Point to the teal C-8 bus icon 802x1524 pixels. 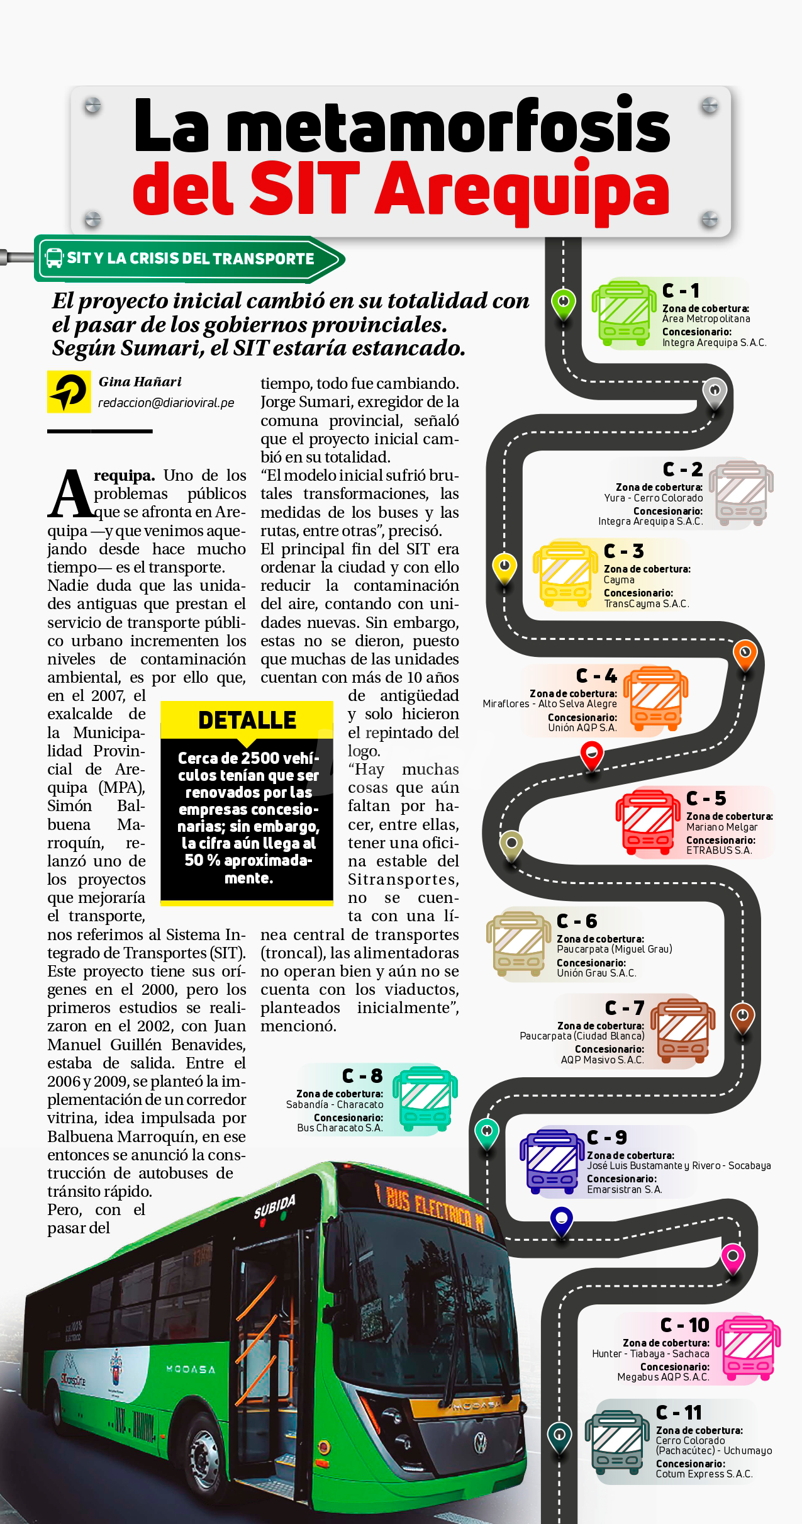(425, 1099)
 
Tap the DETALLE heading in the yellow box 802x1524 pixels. (247, 720)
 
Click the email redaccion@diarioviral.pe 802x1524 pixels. (166, 403)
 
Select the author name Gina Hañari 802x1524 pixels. (140, 381)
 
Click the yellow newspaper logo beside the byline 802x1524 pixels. (69, 391)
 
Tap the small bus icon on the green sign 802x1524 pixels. (55, 258)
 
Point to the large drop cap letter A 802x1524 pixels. (70, 495)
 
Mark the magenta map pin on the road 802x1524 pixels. (732, 1257)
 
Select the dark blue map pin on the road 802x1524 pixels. (561, 1219)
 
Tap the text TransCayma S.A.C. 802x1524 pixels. (646, 603)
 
